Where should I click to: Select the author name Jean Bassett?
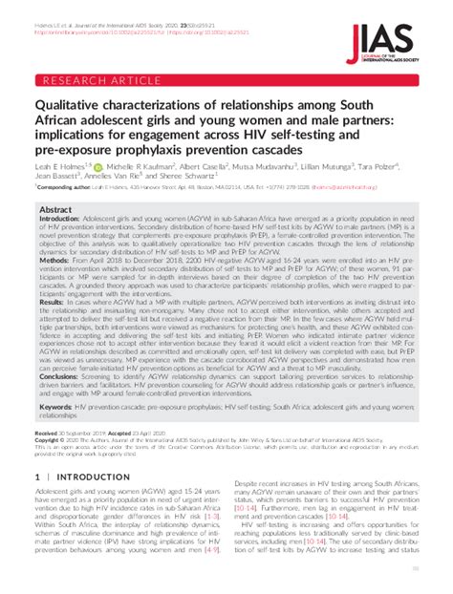[x=55, y=176]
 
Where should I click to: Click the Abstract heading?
[x=55, y=209]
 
